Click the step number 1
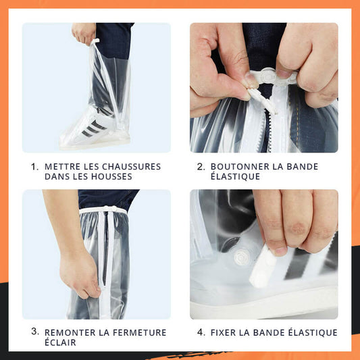pos(34,166)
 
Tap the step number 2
pos(201,166)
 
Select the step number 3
pos(34,332)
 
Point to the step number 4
pos(201,332)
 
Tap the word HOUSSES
pos(113,176)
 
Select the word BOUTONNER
pos(236,166)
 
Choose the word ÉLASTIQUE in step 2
pos(234,176)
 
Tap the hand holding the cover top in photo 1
pos(84,32)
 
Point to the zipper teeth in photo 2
pos(263,132)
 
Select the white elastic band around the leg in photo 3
pos(101,211)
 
